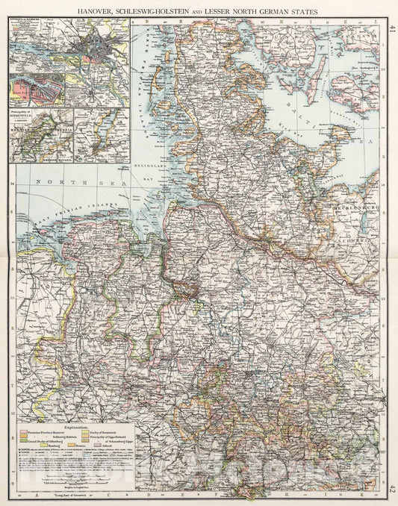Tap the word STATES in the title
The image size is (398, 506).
pos(302,11)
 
